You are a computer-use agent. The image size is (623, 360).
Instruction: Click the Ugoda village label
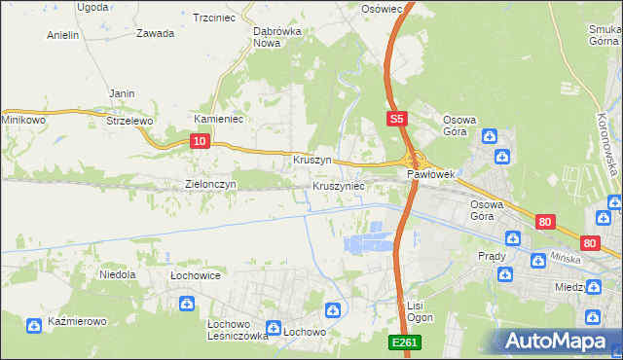point(92,7)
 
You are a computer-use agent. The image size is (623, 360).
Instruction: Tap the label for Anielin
point(62,35)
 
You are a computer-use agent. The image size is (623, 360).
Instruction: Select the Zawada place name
point(156,33)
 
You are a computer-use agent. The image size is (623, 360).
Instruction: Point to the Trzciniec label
point(215,18)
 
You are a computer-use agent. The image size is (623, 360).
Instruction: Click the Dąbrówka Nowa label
point(275,37)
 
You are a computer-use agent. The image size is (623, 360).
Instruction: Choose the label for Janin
point(122,93)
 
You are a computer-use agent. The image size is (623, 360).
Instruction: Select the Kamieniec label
point(218,119)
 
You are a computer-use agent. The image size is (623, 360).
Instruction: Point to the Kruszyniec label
point(339,185)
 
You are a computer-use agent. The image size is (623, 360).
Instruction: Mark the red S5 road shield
point(395,119)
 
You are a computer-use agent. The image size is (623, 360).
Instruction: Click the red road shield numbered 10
point(199,141)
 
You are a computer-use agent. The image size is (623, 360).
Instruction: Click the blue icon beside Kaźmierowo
point(35,324)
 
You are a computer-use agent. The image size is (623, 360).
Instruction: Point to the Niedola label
point(117,275)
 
